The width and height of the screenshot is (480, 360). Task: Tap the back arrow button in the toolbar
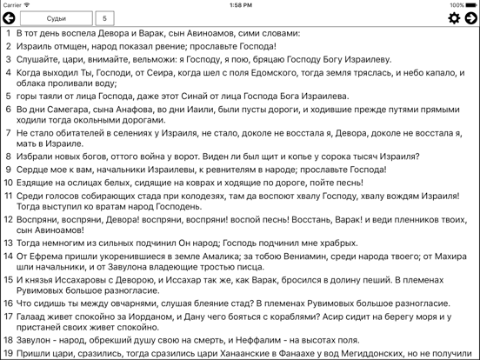[x=10, y=18]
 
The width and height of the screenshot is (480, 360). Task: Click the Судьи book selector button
[x=57, y=18]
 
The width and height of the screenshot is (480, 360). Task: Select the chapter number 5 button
[x=104, y=18]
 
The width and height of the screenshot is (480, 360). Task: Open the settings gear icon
[x=453, y=18]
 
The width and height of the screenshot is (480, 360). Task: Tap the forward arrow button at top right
[x=470, y=18]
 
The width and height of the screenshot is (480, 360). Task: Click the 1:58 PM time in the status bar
[x=240, y=4]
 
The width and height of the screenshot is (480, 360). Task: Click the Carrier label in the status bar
[x=16, y=4]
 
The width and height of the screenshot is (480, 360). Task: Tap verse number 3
[x=7, y=59]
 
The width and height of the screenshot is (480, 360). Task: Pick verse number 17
[x=7, y=317]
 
